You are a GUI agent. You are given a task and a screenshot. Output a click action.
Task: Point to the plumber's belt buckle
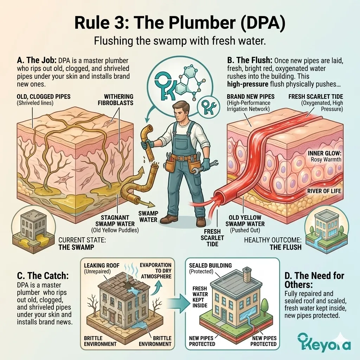tap(181, 158)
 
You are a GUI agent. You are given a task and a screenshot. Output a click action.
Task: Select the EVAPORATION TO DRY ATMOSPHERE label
tap(155, 270)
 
